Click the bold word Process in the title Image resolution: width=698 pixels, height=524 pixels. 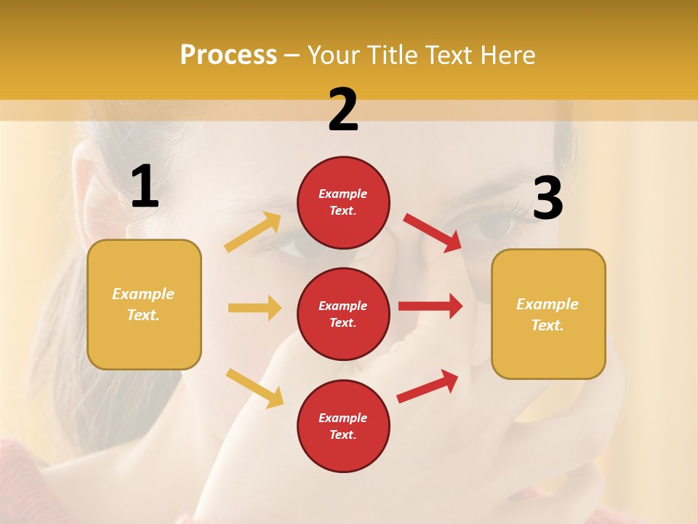(228, 55)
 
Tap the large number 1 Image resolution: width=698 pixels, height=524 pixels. (145, 187)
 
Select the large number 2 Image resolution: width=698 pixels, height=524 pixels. (343, 110)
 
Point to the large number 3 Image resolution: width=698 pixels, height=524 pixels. (547, 199)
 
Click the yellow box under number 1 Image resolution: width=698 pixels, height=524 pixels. (144, 304)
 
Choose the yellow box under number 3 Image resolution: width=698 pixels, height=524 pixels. (548, 314)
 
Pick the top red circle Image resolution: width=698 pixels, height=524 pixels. (343, 202)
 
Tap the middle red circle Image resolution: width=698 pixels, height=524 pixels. (343, 314)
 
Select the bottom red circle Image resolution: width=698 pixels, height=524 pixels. (343, 426)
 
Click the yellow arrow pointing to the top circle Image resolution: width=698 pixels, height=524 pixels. (253, 232)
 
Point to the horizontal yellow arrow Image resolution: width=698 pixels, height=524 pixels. (254, 308)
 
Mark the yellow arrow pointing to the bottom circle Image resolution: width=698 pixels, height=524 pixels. (254, 388)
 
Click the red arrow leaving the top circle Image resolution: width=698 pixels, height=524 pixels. (433, 232)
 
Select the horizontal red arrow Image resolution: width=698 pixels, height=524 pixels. (430, 306)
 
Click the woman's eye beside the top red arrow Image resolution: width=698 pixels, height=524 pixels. (494, 227)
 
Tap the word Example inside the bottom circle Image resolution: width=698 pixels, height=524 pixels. (343, 418)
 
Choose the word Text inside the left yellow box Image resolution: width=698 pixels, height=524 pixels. (143, 315)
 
